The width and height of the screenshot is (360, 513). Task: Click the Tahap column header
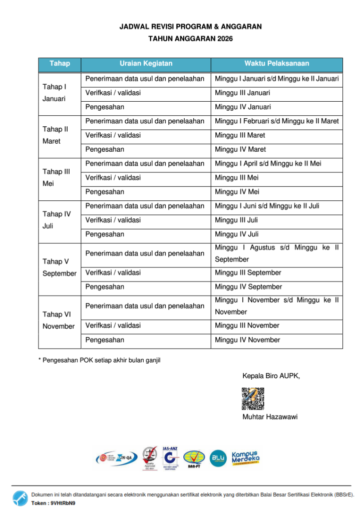(x=60, y=64)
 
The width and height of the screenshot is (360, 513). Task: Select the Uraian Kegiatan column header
(x=146, y=64)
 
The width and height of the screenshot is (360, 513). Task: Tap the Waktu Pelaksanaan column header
(x=276, y=64)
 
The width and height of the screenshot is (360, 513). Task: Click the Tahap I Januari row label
(x=54, y=93)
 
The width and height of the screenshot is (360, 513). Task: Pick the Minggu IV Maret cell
(x=240, y=149)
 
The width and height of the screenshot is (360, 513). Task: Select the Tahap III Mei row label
(x=56, y=177)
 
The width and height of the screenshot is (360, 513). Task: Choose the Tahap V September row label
(x=59, y=268)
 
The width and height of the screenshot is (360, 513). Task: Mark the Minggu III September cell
(x=248, y=273)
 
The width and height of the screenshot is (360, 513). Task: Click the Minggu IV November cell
(x=247, y=340)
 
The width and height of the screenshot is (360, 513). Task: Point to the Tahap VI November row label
(x=59, y=320)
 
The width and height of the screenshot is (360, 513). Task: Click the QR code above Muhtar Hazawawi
(x=253, y=398)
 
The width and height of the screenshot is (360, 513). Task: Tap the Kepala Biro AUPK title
(x=271, y=376)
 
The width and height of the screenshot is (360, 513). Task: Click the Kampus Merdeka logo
(x=245, y=457)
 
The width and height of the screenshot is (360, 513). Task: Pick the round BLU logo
(x=218, y=458)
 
